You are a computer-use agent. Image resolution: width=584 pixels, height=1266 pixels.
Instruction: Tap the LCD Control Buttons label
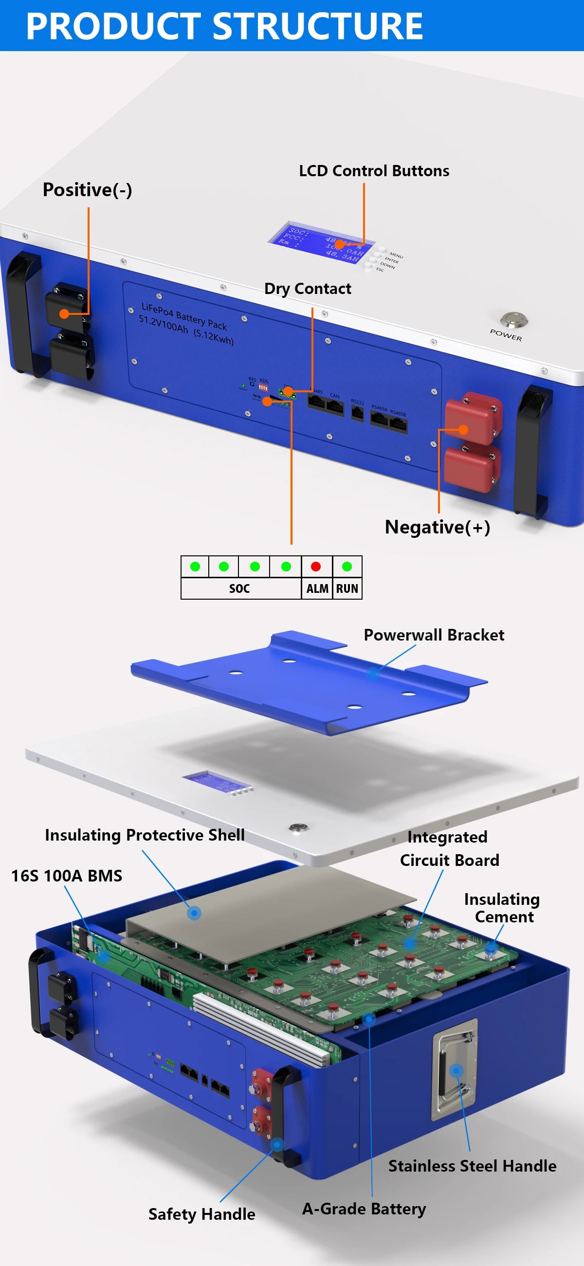[374, 170]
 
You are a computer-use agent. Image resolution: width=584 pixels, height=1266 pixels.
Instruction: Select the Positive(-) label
[88, 190]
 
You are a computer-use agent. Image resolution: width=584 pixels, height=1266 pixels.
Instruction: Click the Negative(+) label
[437, 527]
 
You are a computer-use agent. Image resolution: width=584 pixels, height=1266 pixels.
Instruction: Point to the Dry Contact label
[308, 289]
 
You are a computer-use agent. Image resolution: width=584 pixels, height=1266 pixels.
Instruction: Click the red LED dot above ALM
[316, 567]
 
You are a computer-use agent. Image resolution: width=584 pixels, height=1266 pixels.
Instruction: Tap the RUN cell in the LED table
[347, 588]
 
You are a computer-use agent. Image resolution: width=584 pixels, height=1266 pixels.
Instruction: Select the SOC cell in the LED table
[239, 588]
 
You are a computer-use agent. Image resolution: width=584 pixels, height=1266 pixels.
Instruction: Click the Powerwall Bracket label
[434, 635]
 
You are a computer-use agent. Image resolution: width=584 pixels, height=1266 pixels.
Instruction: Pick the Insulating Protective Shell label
[145, 835]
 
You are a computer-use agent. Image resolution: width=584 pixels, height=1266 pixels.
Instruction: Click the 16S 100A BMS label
[67, 876]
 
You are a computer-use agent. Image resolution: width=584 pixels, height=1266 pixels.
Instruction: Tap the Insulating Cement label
[502, 908]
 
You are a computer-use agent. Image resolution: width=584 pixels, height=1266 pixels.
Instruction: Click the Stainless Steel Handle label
[472, 1166]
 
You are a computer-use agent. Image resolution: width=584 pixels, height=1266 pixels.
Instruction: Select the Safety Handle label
[201, 1214]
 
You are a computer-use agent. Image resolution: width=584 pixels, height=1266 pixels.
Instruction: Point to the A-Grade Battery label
[364, 1209]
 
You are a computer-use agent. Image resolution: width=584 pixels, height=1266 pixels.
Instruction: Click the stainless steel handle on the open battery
[454, 1071]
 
